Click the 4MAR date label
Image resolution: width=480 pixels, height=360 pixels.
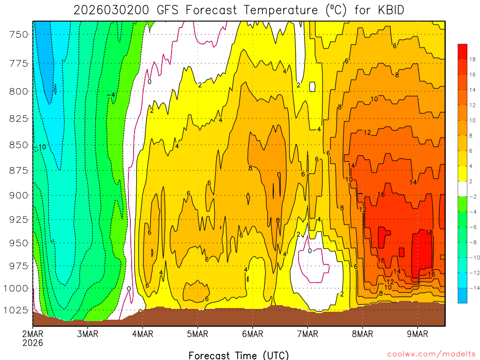tap(142, 334)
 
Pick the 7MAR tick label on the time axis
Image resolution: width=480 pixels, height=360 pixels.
tap(307, 334)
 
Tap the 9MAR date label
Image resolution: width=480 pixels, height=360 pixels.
tap(418, 334)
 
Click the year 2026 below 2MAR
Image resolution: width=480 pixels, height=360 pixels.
tap(32, 343)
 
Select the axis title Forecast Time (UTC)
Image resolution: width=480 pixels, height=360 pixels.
tap(239, 355)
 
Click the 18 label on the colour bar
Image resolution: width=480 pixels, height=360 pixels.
tap(472, 59)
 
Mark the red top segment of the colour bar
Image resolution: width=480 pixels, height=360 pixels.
tap(462, 51)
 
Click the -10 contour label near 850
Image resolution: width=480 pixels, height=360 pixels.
tap(40, 147)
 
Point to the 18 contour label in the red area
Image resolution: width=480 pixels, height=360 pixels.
tap(429, 232)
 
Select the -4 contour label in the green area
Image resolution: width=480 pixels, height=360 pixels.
tap(111, 95)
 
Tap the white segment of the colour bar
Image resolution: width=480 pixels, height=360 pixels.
tap(462, 188)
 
